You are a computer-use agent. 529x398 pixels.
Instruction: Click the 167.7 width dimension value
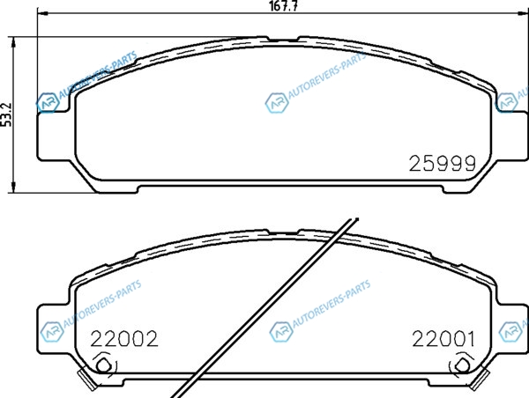point(283,6)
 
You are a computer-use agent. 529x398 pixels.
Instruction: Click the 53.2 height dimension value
point(6,114)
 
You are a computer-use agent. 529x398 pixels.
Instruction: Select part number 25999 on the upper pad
point(443,164)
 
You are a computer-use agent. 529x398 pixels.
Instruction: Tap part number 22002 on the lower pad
point(124,339)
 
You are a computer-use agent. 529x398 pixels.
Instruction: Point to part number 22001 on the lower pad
point(443,339)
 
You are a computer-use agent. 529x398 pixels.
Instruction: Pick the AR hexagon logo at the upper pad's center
point(277,102)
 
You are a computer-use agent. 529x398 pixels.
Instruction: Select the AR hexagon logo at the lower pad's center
point(281,332)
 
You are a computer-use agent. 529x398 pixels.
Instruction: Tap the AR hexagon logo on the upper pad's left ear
point(48,102)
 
